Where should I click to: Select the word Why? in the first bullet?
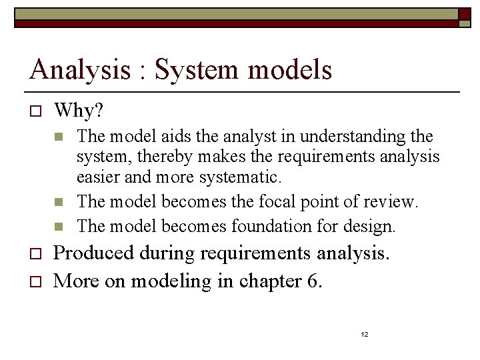(79, 109)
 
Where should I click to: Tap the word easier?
(100, 177)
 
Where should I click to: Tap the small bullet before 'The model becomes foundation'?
(59, 227)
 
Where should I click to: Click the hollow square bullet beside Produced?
(36, 254)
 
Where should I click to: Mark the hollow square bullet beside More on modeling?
(36, 281)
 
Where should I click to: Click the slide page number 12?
(365, 334)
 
